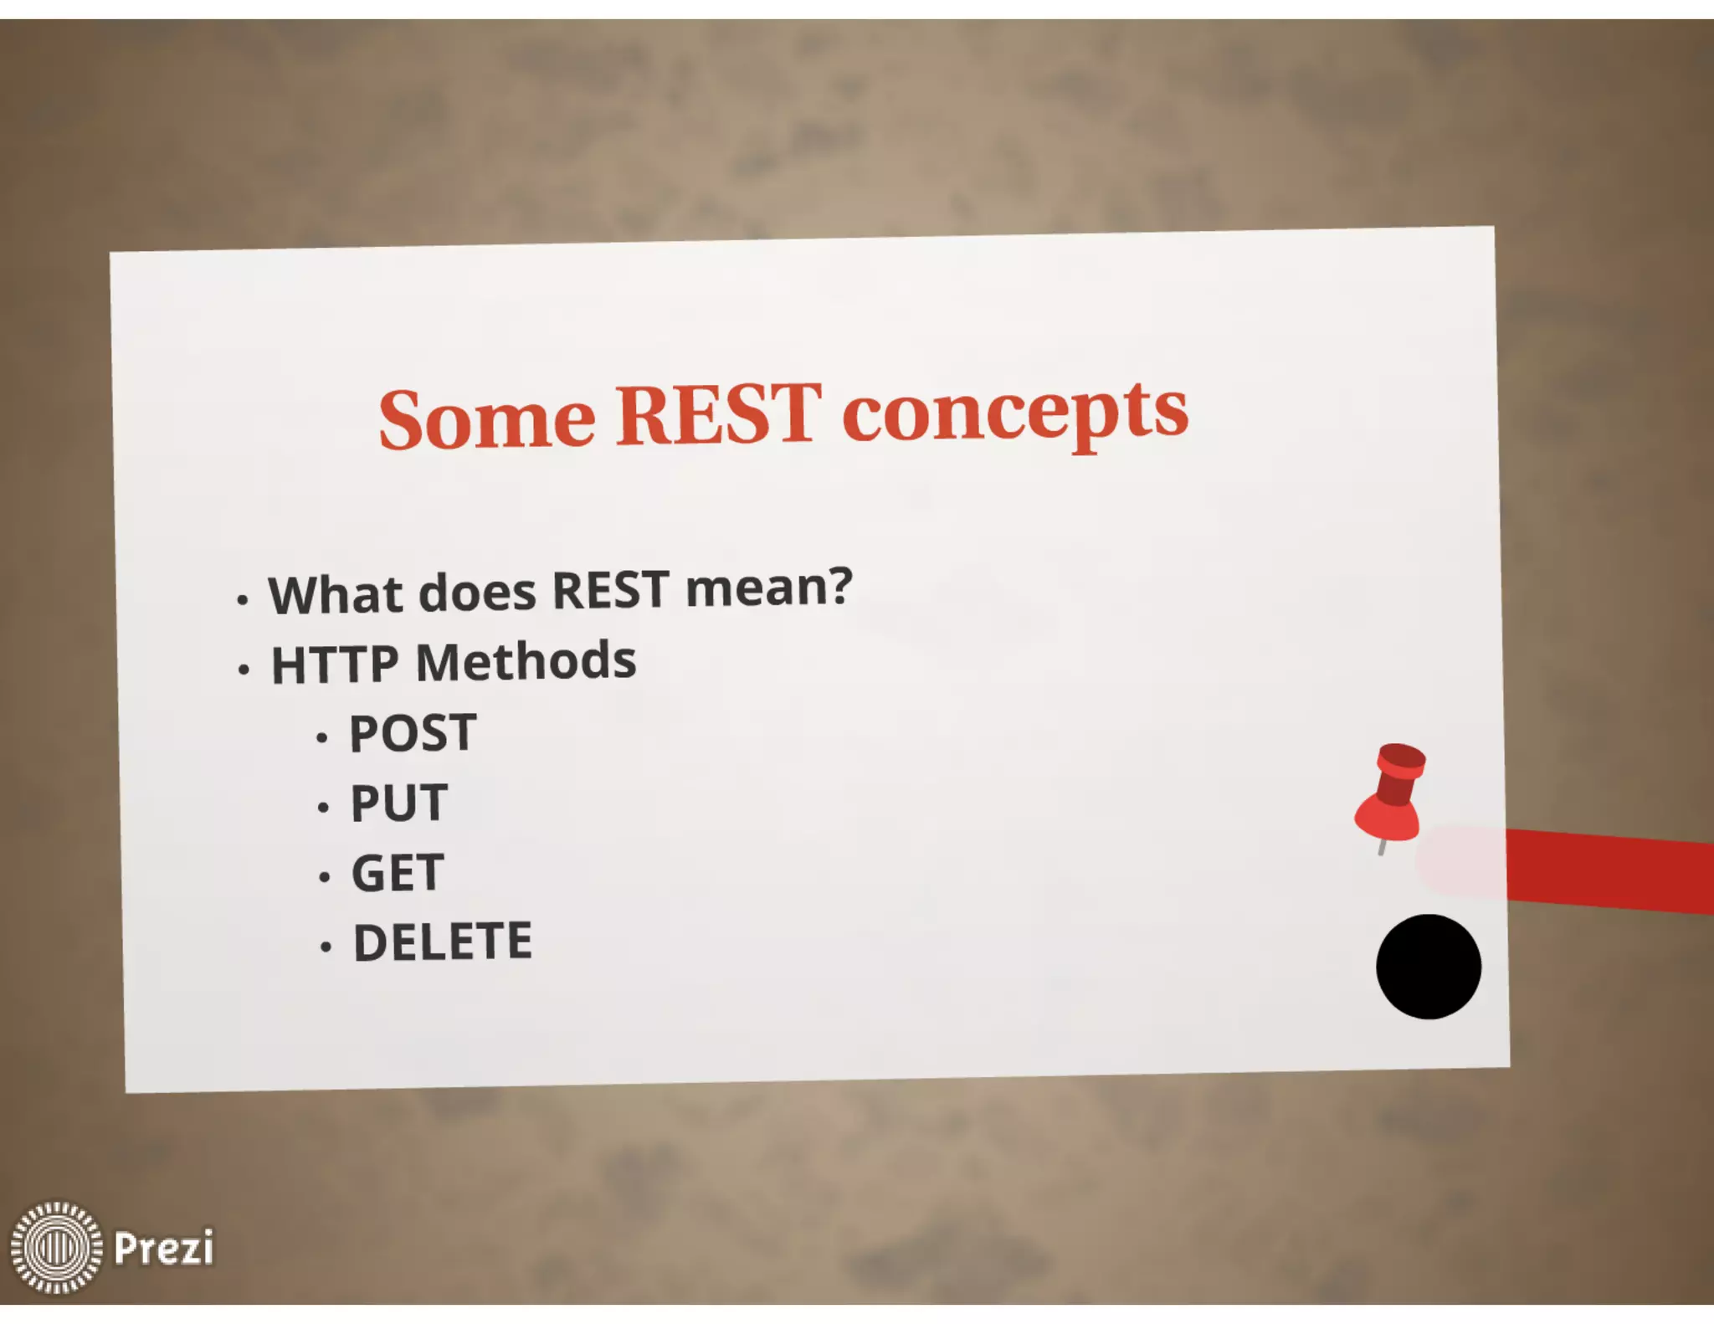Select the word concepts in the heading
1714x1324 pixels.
[x=1014, y=412]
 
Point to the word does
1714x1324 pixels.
[x=476, y=592]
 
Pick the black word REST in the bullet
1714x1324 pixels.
[x=610, y=589]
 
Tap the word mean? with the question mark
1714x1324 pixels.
[x=768, y=587]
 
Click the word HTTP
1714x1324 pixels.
[x=335, y=665]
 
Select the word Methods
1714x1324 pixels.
[x=526, y=661]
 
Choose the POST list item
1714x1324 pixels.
[x=413, y=733]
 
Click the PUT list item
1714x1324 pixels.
[x=399, y=803]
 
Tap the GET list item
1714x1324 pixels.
[x=398, y=873]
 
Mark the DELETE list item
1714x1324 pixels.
[x=443, y=942]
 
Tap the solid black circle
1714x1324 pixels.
[x=1429, y=967]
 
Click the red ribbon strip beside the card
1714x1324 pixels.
[x=1607, y=870]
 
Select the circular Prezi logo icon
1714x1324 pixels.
[x=56, y=1247]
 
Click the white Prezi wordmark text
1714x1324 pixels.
[x=163, y=1248]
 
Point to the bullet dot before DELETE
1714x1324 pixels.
[x=326, y=947]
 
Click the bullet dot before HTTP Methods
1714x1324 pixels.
[x=244, y=670]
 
